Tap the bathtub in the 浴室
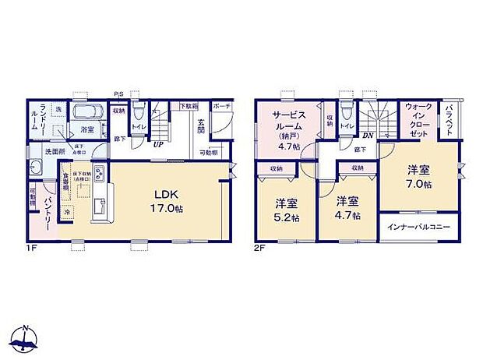pyautogui.click(x=83, y=111)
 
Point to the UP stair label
pyautogui.click(x=157, y=144)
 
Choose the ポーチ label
pyautogui.click(x=221, y=105)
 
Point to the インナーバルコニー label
pyautogui.click(x=419, y=228)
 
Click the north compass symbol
pyautogui.click(x=26, y=337)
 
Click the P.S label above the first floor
pyautogui.click(x=118, y=95)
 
